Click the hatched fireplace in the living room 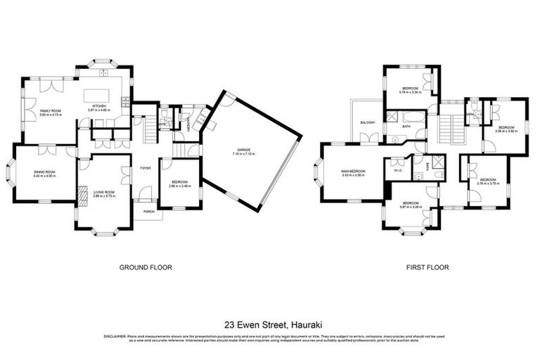click(82, 193)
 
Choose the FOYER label click(145, 168)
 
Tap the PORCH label click(149, 211)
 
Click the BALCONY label click(368, 122)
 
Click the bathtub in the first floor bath click(406, 115)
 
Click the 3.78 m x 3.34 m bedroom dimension click(409, 92)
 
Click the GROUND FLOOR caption click(146, 267)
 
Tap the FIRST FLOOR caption click(427, 267)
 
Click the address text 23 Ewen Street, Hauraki click(269, 325)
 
